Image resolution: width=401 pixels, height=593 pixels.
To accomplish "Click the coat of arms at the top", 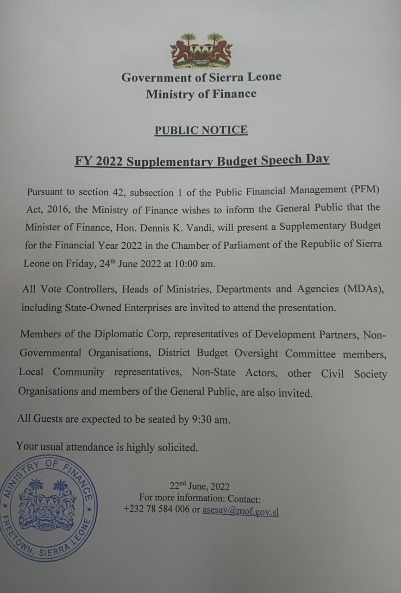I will [201, 50].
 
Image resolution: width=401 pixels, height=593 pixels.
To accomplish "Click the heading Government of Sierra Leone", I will [201, 77].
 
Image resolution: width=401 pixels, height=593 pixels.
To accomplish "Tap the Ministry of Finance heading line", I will [201, 94].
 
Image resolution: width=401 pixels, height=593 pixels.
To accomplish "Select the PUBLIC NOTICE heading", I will [201, 130].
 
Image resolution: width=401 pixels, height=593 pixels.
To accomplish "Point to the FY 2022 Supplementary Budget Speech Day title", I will [202, 160].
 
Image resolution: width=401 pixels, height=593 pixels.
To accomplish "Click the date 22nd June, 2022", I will [199, 486].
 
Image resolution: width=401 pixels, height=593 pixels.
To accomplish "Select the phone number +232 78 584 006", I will [157, 510].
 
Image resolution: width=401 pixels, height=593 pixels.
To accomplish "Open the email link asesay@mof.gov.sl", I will [240, 511].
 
